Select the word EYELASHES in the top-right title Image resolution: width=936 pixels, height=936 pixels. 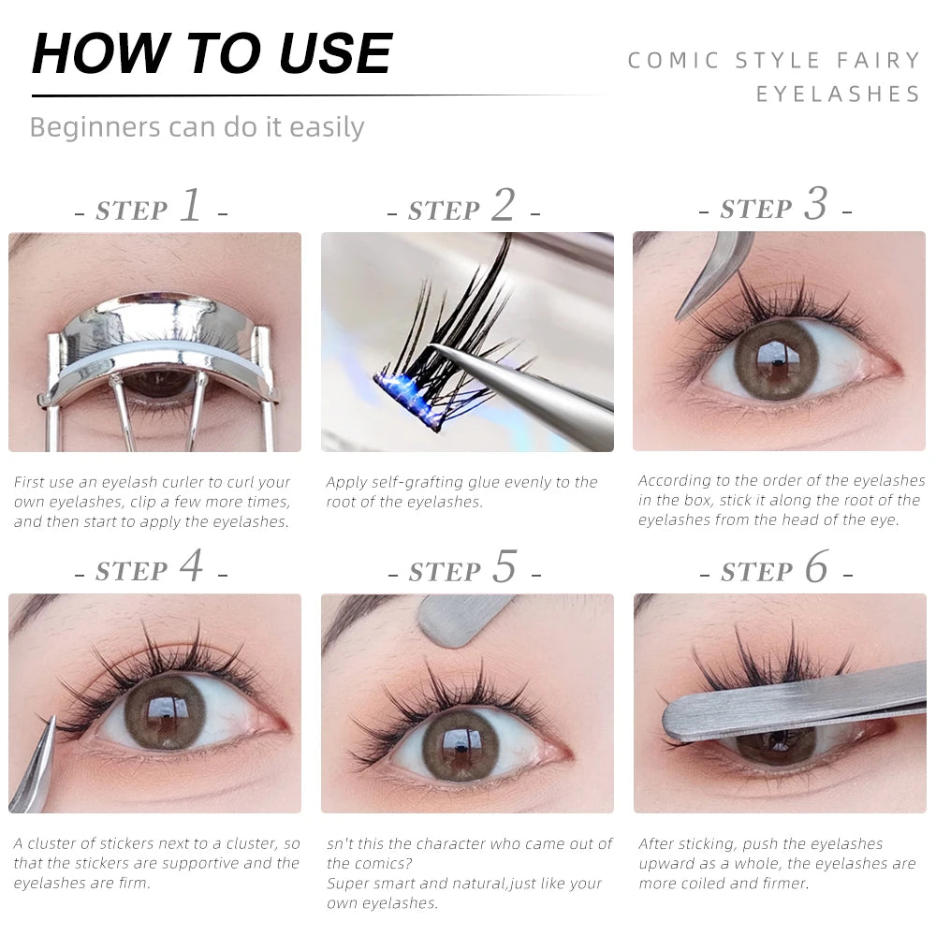tap(838, 94)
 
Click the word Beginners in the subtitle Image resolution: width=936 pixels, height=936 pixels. tap(95, 127)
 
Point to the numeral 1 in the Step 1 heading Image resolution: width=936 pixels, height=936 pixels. tap(192, 205)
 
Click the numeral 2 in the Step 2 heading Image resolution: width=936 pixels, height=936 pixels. tap(504, 205)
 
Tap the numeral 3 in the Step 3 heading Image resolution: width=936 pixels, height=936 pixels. tap(816, 203)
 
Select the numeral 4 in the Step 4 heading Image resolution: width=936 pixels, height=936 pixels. tap(191, 565)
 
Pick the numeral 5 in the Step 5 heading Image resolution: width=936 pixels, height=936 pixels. tap(505, 566)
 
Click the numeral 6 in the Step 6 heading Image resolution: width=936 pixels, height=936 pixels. tap(816, 566)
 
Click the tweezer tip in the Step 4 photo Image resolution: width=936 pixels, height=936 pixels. tap(52, 719)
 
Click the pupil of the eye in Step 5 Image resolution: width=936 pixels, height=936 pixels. tap(461, 745)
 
